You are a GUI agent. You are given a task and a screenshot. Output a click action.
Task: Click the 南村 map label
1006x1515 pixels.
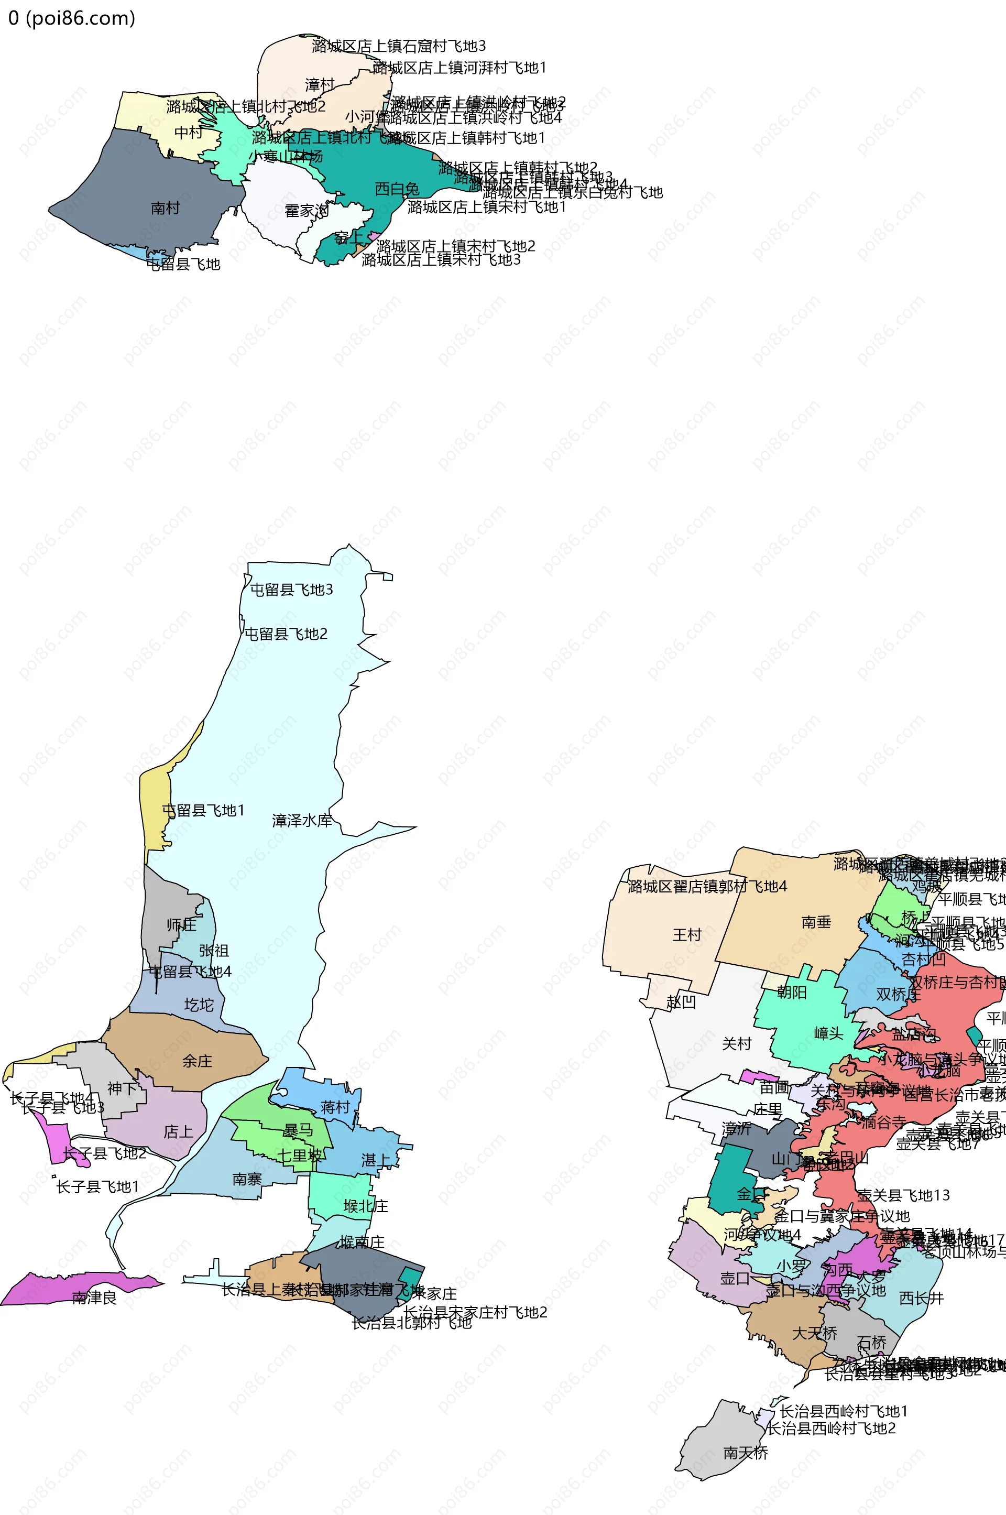166,208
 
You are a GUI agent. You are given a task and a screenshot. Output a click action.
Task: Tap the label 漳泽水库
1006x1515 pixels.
302,820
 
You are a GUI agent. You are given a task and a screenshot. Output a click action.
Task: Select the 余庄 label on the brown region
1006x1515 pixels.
197,1061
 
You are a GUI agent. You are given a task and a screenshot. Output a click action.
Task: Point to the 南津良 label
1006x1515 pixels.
94,1298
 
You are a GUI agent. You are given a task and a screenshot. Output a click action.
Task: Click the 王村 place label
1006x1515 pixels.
687,935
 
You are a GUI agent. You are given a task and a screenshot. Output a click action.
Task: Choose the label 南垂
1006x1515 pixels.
816,922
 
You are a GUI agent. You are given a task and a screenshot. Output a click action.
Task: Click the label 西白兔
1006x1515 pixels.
397,189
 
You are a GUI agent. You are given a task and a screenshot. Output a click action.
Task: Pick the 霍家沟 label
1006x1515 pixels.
307,211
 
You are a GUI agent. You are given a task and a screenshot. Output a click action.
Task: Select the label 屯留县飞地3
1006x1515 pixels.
291,590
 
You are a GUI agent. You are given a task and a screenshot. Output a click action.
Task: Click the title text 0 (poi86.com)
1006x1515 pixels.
71,18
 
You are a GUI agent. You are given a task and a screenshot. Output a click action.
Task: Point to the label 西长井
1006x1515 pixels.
921,1298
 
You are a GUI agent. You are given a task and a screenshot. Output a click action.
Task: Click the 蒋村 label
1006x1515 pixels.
335,1107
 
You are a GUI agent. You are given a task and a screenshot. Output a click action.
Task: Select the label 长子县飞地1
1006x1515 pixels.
97,1187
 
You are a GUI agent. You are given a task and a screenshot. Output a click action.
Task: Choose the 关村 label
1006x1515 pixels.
737,1044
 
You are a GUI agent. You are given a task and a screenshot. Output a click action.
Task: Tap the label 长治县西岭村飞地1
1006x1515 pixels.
844,1412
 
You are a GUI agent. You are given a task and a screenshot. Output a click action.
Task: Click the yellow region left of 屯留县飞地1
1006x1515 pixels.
152,809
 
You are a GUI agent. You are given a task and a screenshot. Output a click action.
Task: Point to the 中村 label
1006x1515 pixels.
189,132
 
